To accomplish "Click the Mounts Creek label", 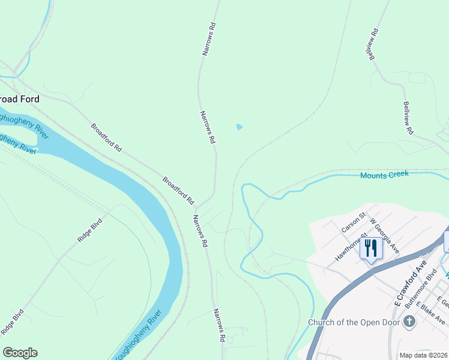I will point(384,175).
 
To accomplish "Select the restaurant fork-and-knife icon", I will point(370,248).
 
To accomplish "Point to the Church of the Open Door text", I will point(354,322).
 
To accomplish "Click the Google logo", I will point(20,353).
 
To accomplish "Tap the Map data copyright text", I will point(424,355).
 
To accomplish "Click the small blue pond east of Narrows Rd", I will point(240,127).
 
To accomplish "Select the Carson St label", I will point(354,223).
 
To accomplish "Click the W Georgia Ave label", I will point(385,236).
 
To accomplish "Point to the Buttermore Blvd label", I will point(420,293).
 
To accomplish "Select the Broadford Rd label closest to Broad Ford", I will point(106,137).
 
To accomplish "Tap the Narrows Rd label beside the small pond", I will point(207,127).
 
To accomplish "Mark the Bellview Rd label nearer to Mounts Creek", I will point(408,118).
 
